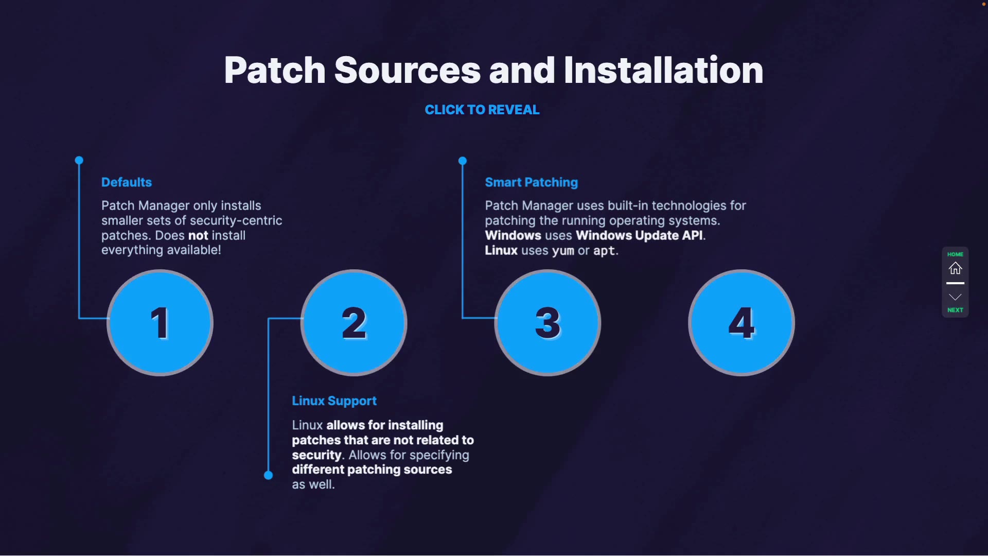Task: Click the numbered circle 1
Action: [x=160, y=323]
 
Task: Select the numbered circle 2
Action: [x=354, y=323]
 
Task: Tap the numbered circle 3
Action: [x=548, y=323]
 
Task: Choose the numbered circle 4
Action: [x=742, y=323]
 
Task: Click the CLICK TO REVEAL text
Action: [x=482, y=110]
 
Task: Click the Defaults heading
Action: [x=127, y=182]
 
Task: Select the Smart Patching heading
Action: [x=531, y=182]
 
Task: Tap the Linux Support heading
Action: [x=334, y=401]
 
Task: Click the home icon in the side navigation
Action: [x=955, y=268]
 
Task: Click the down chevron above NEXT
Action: [x=955, y=297]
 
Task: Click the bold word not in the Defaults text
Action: [x=198, y=235]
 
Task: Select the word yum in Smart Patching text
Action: [x=562, y=251]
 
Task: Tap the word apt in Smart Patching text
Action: [x=604, y=251]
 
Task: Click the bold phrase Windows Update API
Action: [x=639, y=235]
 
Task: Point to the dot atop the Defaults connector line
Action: [x=79, y=161]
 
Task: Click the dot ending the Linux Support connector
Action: [x=268, y=475]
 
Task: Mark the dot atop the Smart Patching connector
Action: [x=463, y=161]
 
